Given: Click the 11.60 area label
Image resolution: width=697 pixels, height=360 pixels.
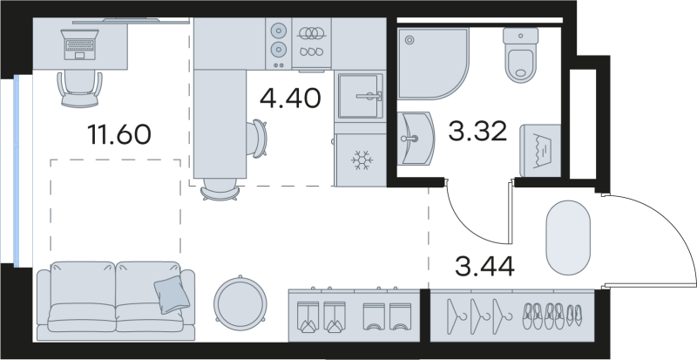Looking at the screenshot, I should click(120, 135).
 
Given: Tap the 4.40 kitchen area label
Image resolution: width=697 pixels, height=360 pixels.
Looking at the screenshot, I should click(291, 98).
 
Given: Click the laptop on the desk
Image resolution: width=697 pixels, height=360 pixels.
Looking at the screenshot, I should click(79, 43).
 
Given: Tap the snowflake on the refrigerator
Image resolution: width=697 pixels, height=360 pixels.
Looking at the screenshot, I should click(361, 160).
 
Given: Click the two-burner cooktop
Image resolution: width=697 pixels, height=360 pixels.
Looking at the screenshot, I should click(277, 38).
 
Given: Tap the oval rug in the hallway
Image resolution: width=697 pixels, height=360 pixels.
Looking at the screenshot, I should click(568, 237).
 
